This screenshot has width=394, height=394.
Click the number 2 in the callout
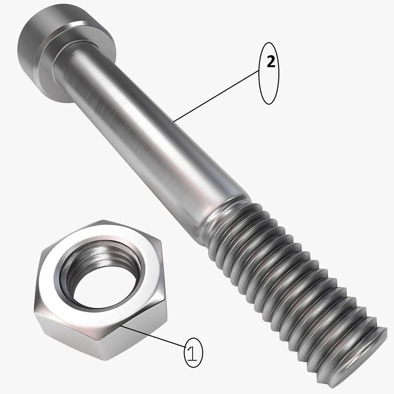point(270,62)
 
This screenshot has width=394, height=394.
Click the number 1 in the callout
point(192,353)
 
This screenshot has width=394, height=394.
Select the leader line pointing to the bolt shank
point(216,96)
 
